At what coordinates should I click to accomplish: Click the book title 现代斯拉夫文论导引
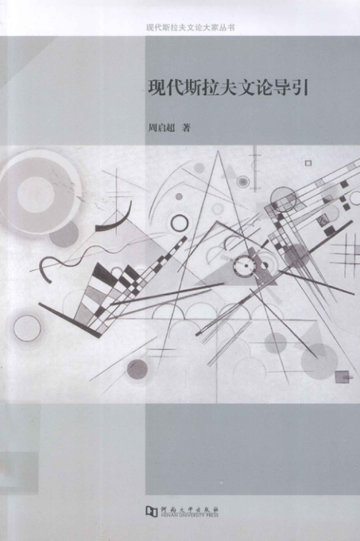[x=228, y=88]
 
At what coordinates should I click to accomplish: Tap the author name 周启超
[x=161, y=128]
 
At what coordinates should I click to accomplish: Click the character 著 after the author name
[x=187, y=128]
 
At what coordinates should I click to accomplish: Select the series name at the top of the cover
[x=190, y=28]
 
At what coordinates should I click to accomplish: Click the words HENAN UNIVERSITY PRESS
[x=189, y=515]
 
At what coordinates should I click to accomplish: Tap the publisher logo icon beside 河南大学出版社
[x=151, y=511]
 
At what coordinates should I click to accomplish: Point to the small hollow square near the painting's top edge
[x=308, y=163]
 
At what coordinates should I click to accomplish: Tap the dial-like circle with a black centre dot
[x=245, y=266]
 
